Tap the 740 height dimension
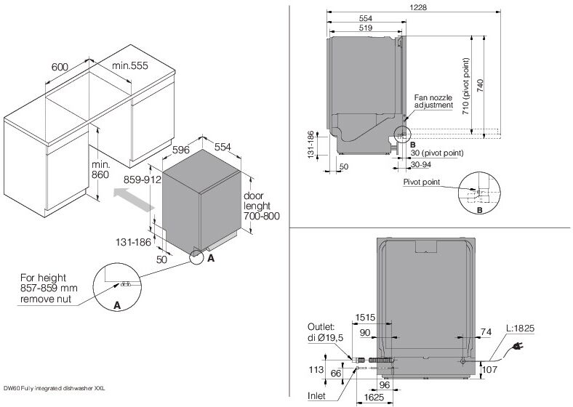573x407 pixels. (x=480, y=85)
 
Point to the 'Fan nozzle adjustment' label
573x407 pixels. (x=433, y=101)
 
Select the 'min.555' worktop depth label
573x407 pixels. (x=129, y=66)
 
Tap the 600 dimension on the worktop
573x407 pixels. (x=60, y=67)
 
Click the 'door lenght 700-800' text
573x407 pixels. (x=262, y=206)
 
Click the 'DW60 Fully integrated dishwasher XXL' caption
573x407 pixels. (x=55, y=389)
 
